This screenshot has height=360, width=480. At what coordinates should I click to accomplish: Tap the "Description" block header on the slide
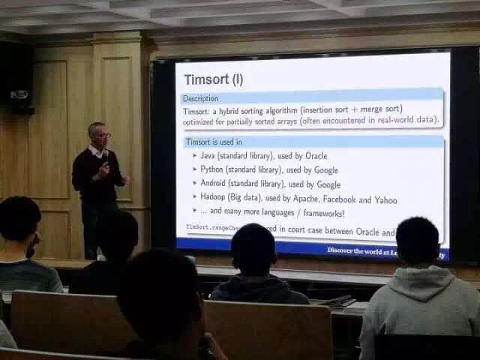[201, 98]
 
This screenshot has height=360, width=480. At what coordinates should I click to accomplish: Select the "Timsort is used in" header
[214, 142]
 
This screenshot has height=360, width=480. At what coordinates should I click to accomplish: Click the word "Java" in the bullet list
[208, 156]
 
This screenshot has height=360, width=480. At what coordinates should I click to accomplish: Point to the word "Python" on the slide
[213, 170]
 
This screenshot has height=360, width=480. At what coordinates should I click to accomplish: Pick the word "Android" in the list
[217, 184]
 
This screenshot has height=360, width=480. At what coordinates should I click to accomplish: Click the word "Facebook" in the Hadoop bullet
[340, 201]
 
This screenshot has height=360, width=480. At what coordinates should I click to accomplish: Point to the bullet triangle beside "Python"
[194, 170]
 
